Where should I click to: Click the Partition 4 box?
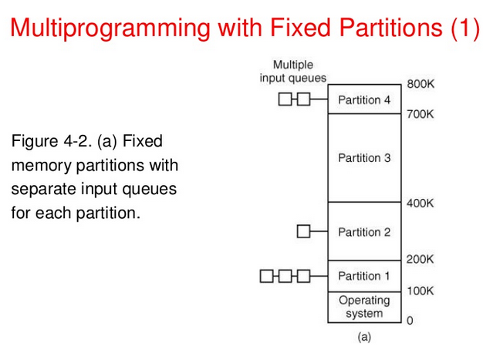[x=364, y=99]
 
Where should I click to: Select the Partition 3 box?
[x=364, y=158]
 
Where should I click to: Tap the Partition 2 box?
[x=364, y=231]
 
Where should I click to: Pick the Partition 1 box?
[x=364, y=275]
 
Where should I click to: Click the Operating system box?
[x=364, y=307]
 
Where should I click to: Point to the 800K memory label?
[x=421, y=83]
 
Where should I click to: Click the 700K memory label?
[x=421, y=114]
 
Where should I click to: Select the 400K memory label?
[x=421, y=203]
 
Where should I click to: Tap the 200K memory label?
[x=421, y=260]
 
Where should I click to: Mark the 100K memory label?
[x=421, y=291]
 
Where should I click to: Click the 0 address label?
[x=410, y=321]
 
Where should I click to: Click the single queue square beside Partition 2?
[x=303, y=231]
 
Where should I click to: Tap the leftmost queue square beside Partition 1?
[x=267, y=275]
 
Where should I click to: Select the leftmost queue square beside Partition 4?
[x=285, y=99]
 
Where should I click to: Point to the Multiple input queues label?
[x=293, y=71]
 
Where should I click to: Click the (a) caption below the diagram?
[x=364, y=337]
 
